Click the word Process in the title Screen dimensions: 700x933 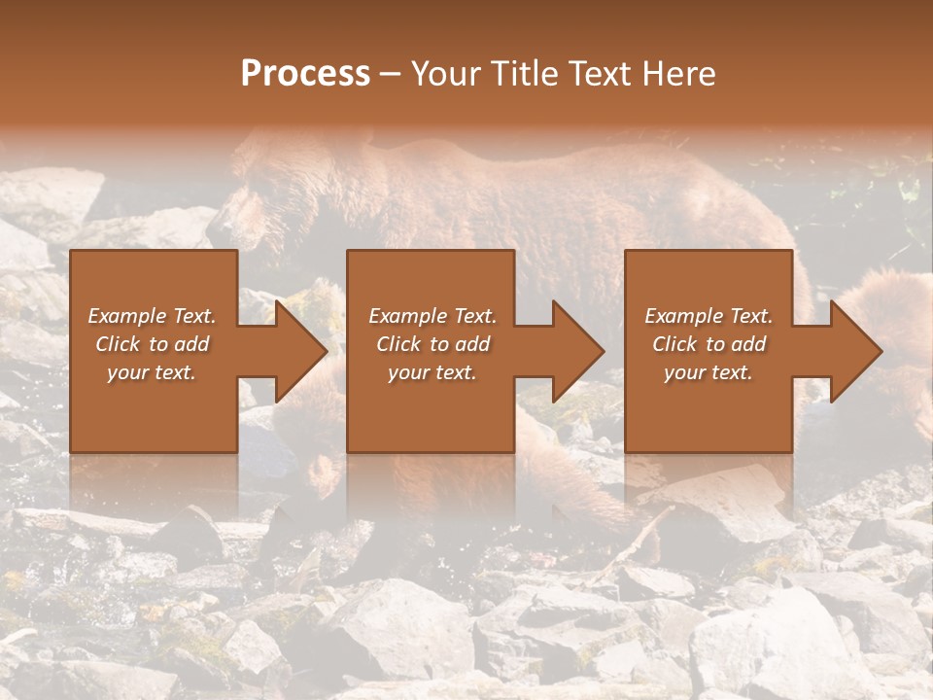pos(305,74)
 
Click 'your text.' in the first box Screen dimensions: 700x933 pos(152,372)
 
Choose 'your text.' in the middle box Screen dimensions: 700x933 pos(432,372)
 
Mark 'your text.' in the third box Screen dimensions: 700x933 pos(708,372)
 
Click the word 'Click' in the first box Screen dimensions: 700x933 pos(118,344)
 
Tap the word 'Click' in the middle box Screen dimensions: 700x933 pos(398,344)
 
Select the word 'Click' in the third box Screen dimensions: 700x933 pos(674,344)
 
